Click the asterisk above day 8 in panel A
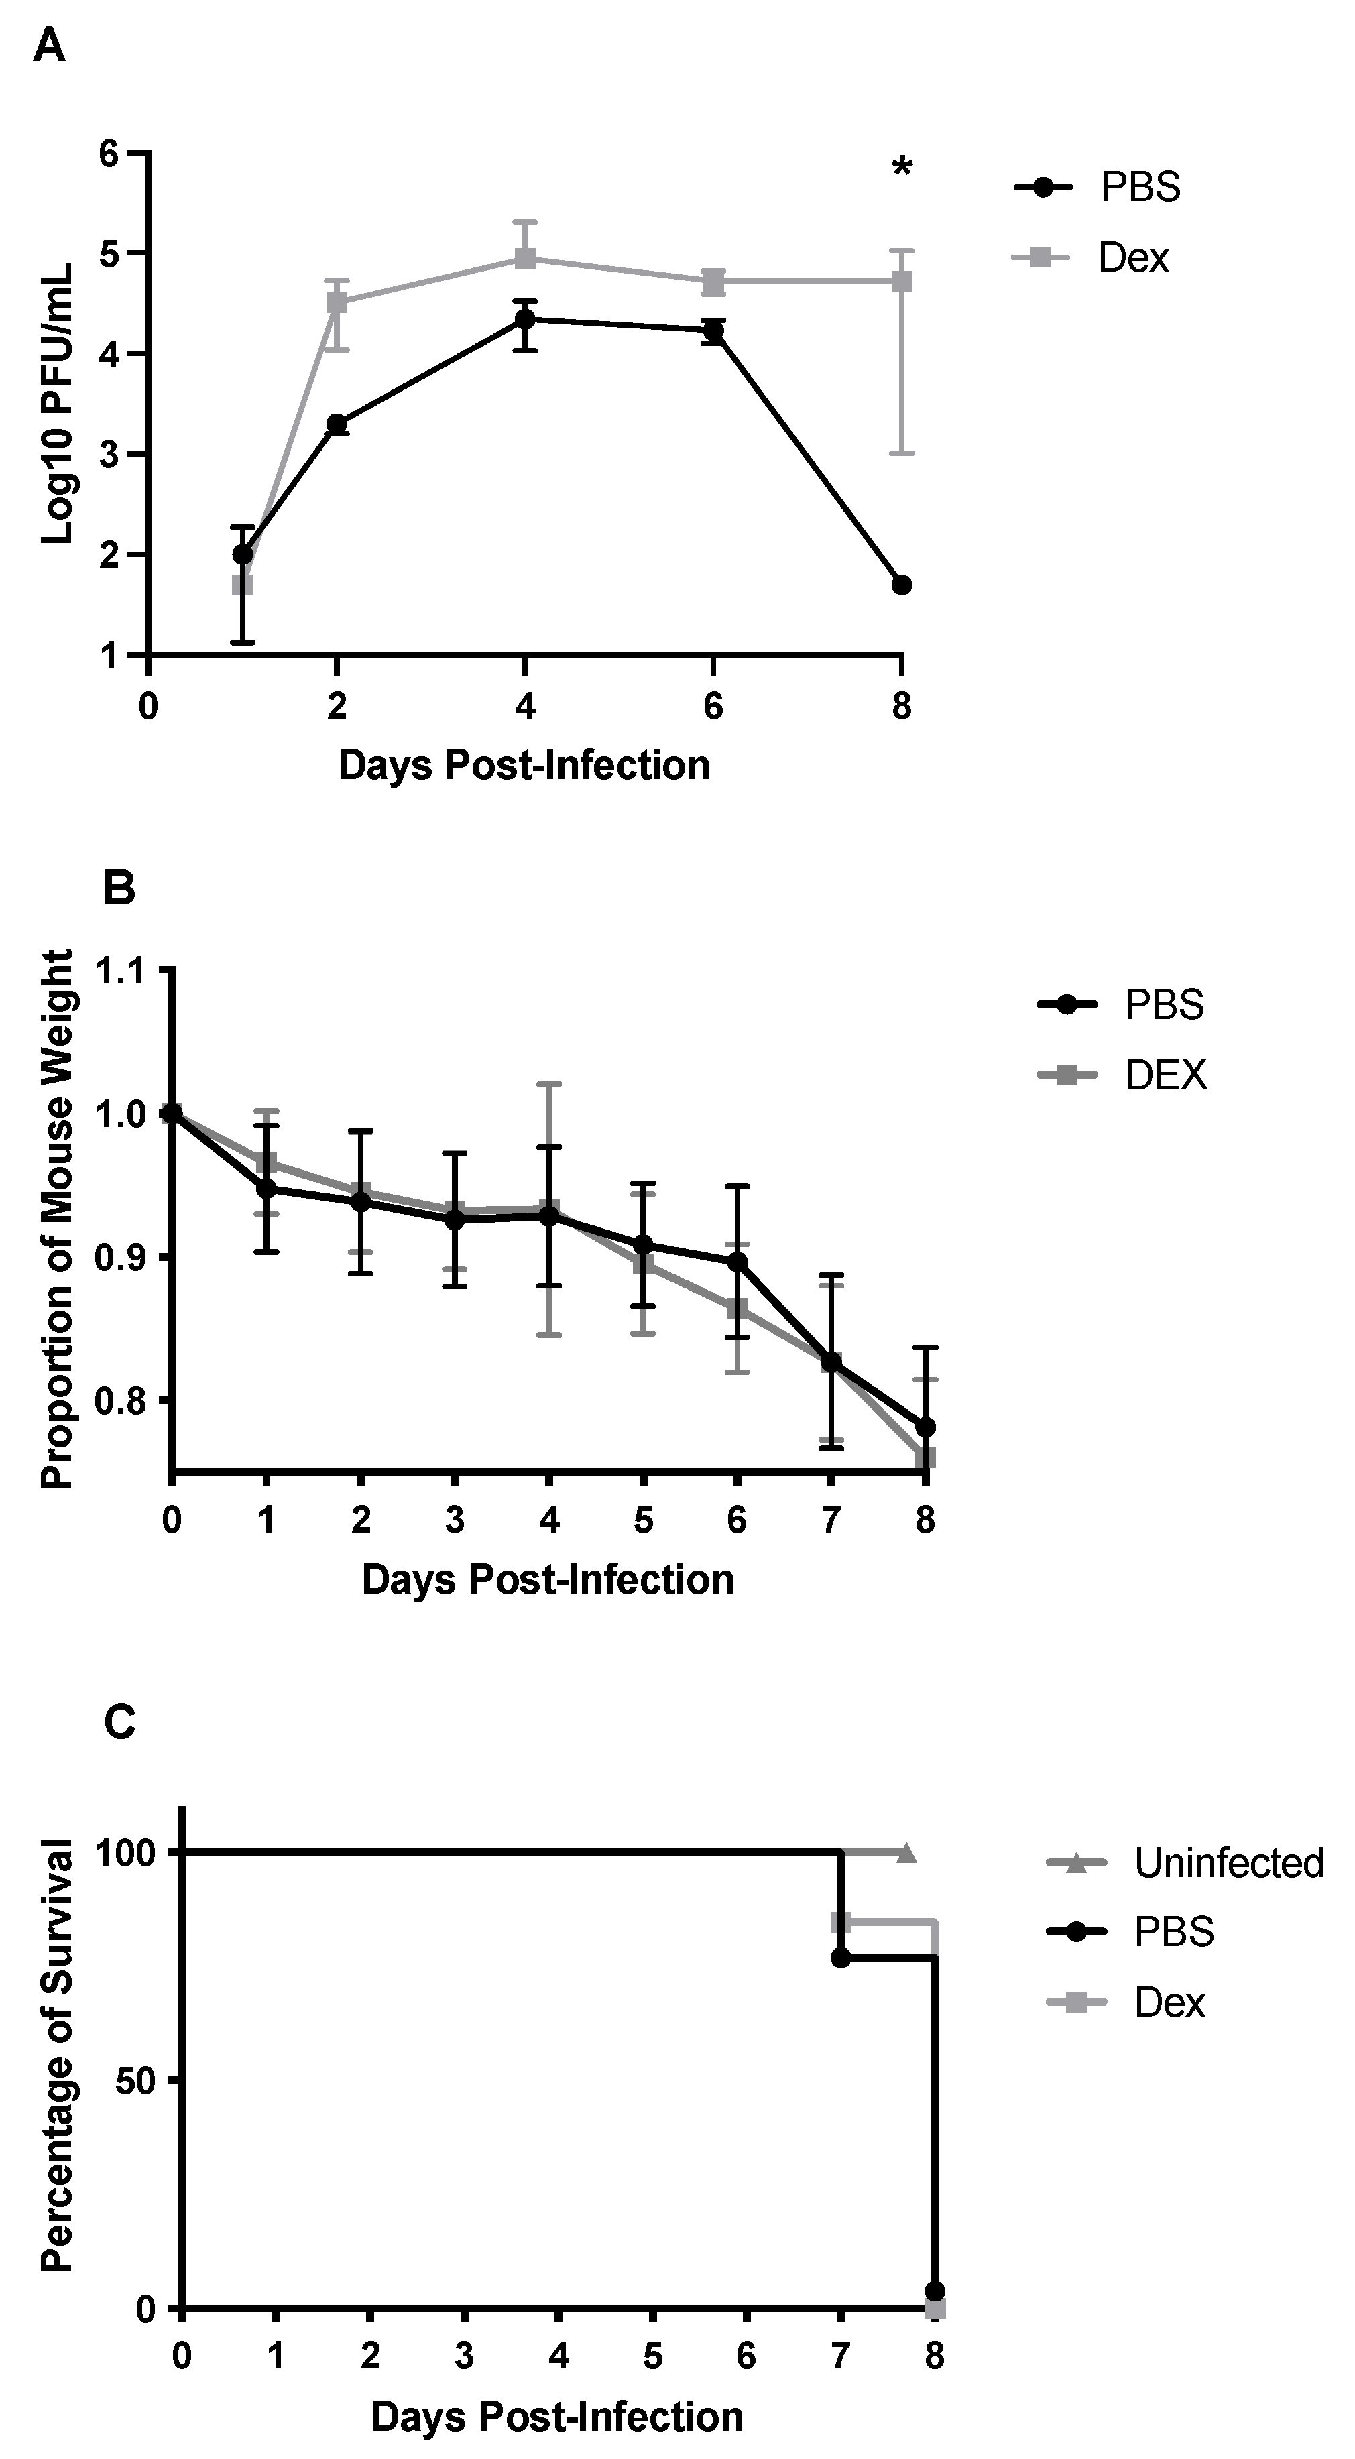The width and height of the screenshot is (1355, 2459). tap(901, 169)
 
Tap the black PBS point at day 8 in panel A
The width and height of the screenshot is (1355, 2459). tap(901, 585)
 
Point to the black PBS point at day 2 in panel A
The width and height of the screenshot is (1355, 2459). tap(336, 424)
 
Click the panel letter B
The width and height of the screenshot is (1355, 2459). tap(119, 889)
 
